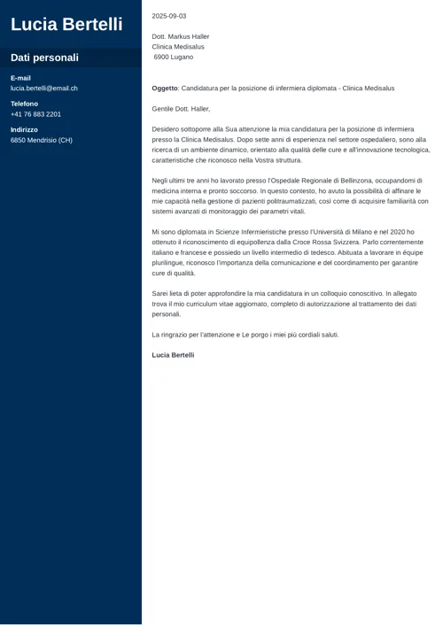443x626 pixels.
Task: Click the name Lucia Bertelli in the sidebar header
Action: tap(66, 25)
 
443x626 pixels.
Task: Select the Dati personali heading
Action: tap(44, 58)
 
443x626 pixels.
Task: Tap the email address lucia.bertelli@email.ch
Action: tap(44, 89)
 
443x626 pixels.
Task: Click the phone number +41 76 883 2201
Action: tap(35, 114)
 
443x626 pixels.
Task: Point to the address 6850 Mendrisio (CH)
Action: tap(42, 140)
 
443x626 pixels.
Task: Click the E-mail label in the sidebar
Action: tap(20, 78)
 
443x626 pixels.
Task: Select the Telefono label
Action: tap(24, 104)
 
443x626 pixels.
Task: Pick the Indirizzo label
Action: tap(24, 129)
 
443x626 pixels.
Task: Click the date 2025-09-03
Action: tap(169, 16)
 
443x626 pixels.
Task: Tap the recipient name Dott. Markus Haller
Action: tap(181, 36)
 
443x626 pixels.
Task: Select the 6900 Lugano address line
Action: tap(174, 57)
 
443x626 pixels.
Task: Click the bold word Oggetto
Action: tap(165, 89)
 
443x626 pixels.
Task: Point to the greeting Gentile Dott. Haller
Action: tap(181, 109)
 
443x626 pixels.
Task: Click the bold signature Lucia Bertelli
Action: tap(173, 355)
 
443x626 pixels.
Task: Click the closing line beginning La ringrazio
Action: tap(245, 335)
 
